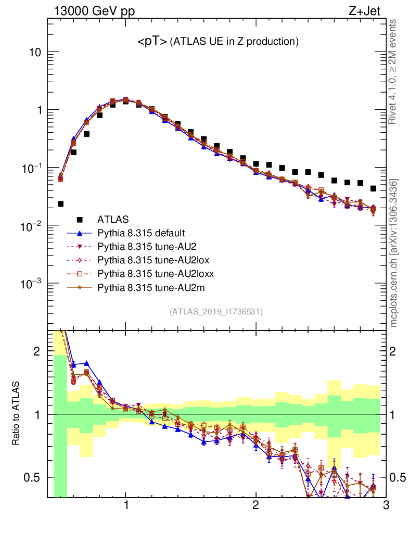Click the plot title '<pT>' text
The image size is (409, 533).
click(151, 42)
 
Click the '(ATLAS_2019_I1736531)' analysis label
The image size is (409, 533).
click(216, 312)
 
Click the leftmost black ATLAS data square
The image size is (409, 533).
click(60, 204)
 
